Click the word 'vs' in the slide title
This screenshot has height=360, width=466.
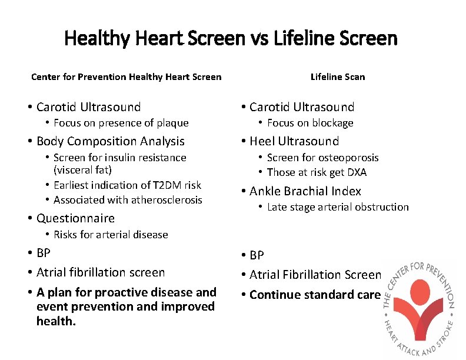click(x=257, y=39)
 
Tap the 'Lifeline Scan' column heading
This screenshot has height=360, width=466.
click(x=337, y=76)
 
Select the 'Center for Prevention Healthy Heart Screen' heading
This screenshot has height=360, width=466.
click(x=126, y=76)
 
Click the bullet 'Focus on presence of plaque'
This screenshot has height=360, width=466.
click(x=121, y=123)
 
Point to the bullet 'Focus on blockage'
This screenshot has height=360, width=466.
click(x=310, y=123)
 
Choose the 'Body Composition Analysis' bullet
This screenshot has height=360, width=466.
click(x=110, y=141)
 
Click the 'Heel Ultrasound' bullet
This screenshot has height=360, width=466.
click(x=294, y=141)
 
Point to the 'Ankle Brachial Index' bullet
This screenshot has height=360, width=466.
click(x=305, y=191)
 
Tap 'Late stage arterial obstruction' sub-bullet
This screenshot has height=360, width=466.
click(x=337, y=207)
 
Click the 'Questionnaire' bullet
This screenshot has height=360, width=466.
click(x=75, y=218)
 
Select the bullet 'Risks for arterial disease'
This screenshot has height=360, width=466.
click(x=111, y=235)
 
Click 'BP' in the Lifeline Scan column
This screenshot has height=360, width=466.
click(x=257, y=255)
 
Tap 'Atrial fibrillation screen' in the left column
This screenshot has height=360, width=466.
click(x=100, y=272)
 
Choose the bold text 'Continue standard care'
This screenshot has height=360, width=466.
click(x=315, y=295)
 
